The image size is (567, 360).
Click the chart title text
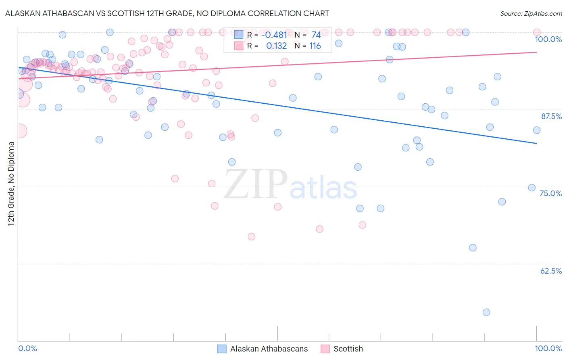(167, 13)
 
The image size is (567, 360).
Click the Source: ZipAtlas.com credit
(531, 13)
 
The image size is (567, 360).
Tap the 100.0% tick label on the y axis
(548, 39)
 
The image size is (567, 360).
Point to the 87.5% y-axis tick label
(551, 116)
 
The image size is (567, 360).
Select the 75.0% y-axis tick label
(550, 193)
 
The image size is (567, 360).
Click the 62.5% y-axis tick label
(551, 271)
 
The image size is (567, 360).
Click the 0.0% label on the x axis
(27, 348)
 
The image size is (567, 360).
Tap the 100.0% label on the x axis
(548, 348)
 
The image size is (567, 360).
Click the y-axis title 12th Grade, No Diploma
(11, 184)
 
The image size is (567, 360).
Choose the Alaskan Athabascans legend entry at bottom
(263, 349)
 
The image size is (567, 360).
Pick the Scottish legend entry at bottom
(342, 349)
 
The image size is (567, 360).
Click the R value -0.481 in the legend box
(274, 35)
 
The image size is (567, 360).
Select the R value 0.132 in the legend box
(276, 46)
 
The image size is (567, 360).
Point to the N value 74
(316, 35)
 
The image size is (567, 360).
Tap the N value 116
(315, 46)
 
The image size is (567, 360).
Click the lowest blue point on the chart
(486, 312)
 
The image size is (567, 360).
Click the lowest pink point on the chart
(252, 237)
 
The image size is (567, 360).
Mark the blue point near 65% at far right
(473, 248)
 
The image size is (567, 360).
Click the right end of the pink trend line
(536, 52)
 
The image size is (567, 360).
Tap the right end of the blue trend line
(536, 143)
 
